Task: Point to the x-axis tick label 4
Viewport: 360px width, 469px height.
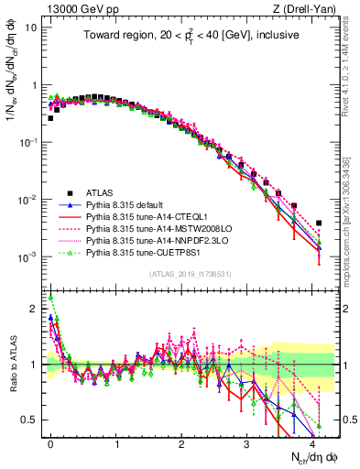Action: pos(312,442)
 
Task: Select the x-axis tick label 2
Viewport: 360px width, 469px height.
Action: pos(181,442)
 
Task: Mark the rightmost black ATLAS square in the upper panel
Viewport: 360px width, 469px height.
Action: pos(319,223)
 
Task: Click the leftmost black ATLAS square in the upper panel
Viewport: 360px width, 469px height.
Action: pos(51,118)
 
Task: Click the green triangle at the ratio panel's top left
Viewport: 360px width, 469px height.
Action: pos(51,297)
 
